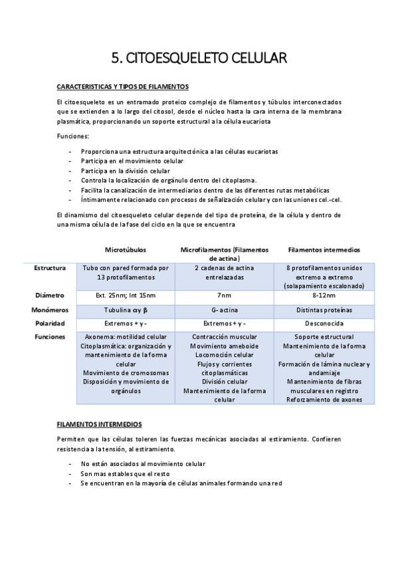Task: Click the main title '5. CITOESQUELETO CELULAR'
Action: click(199, 58)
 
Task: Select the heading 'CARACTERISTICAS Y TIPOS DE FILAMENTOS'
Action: click(123, 87)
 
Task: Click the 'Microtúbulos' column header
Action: click(126, 250)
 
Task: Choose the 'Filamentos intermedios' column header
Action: click(324, 250)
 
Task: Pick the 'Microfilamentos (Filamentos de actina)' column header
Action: click(225, 254)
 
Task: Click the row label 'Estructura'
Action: click(50, 268)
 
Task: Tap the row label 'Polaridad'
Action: click(50, 323)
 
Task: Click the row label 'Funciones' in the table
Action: click(50, 337)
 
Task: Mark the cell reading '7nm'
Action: click(225, 295)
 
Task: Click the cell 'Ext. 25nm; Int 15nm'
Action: click(126, 295)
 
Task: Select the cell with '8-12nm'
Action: click(324, 295)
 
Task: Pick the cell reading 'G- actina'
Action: click(225, 309)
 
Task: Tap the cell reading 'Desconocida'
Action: click(324, 323)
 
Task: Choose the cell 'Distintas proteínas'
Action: click(324, 309)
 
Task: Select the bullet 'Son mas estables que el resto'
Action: click(125, 474)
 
